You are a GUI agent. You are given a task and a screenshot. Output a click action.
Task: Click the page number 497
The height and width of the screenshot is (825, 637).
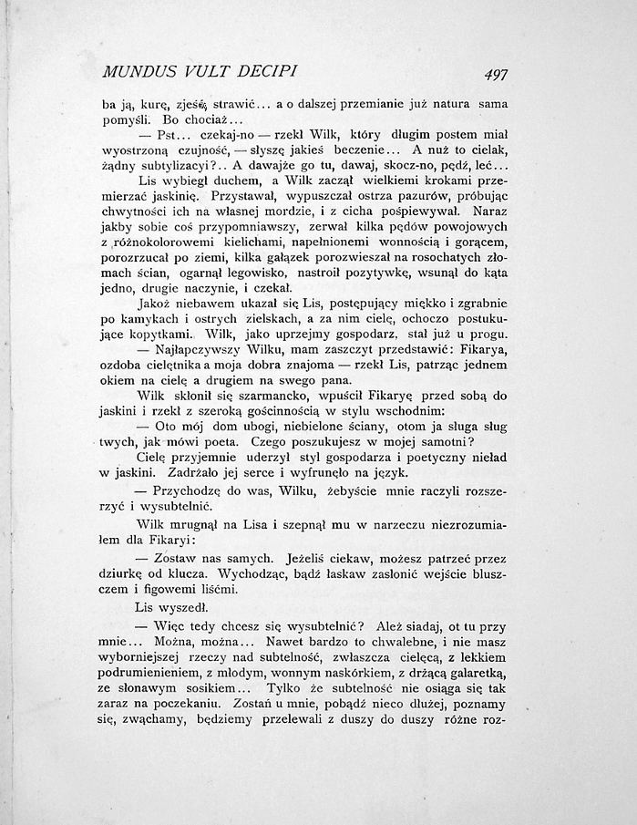498,75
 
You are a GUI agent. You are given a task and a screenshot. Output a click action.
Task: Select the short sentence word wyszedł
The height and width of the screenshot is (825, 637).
189,607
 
